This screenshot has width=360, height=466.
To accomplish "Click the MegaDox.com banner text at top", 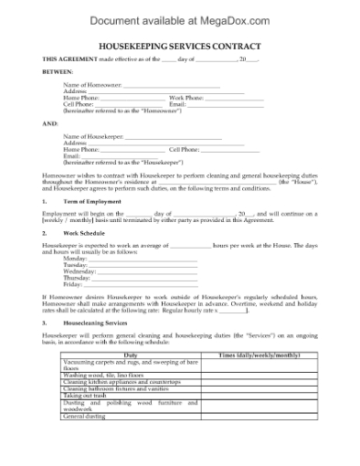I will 179,16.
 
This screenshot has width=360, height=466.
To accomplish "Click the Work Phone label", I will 186,97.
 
